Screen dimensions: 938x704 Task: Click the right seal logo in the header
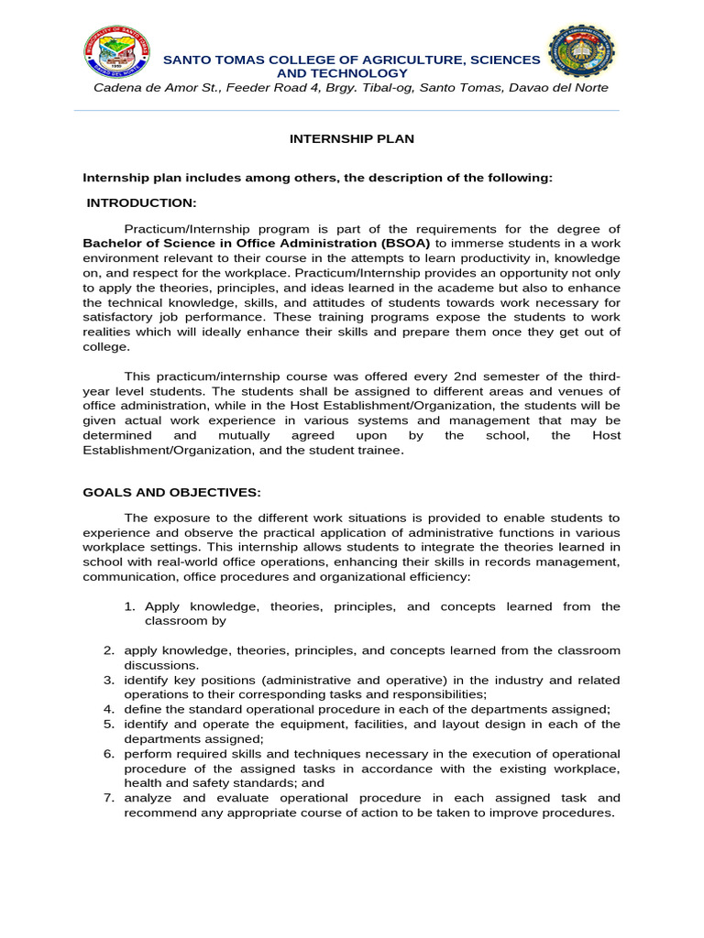tap(581, 52)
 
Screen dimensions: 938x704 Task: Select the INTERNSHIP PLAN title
tap(352, 139)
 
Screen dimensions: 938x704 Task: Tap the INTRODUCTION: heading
tap(141, 202)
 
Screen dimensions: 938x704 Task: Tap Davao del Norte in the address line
tap(559, 87)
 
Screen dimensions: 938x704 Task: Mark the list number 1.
tap(129, 606)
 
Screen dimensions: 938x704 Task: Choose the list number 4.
tap(107, 709)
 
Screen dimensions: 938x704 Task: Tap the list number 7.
tap(107, 798)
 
